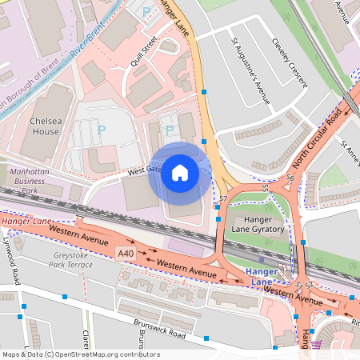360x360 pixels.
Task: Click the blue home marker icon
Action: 180,174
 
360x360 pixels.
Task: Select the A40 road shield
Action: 125,254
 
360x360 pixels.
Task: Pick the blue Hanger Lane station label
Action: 262,277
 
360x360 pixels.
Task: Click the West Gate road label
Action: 144,170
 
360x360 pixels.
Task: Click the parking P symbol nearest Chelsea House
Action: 101,129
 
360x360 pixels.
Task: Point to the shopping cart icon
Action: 316,345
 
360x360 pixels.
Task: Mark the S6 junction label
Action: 290,178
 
